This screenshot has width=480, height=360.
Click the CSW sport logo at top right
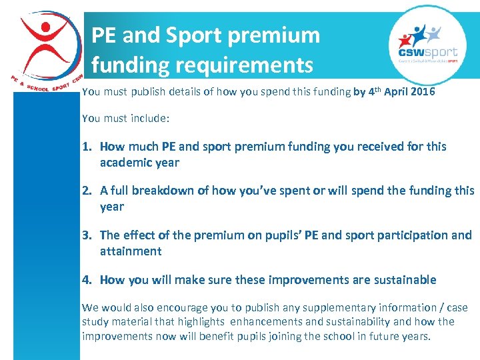427,44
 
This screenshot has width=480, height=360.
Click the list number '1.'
88,147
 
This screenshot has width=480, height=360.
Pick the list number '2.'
88,191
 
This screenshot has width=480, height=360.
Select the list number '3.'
88,235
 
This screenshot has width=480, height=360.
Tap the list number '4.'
88,280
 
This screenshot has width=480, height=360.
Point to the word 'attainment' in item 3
131,251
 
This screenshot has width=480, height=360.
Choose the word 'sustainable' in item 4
401,280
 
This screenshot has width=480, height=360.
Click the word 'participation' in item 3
403,235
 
